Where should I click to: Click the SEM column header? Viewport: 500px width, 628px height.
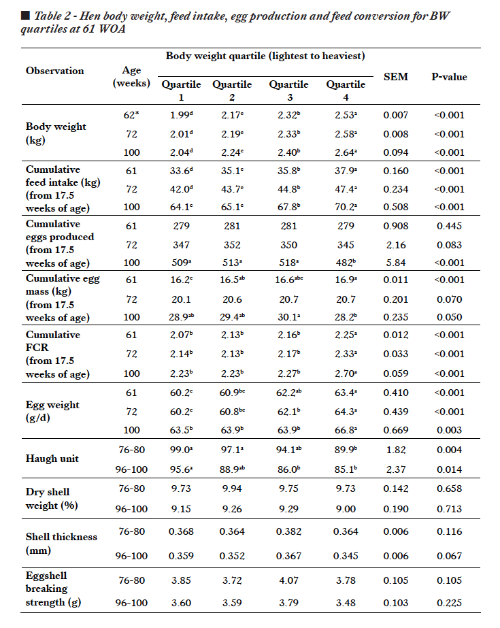(x=395, y=77)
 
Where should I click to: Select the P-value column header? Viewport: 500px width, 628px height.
(x=449, y=77)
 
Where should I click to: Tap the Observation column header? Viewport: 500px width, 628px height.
(x=55, y=71)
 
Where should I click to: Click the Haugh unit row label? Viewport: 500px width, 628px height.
(x=52, y=459)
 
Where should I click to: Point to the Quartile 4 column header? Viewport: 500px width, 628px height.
(x=346, y=90)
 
